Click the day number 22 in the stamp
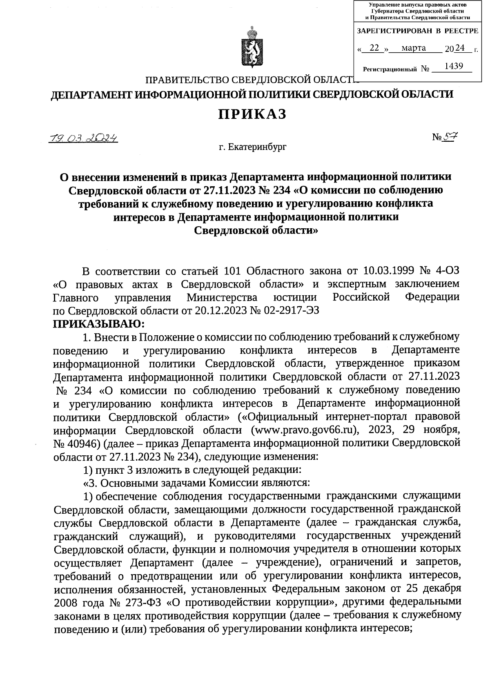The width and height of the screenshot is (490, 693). [374, 48]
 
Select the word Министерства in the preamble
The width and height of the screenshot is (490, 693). [222, 297]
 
